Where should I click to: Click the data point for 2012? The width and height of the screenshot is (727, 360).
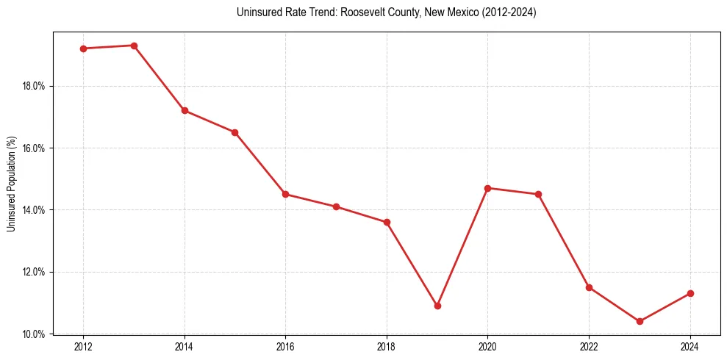click(83, 48)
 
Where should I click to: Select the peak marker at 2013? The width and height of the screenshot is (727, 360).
click(134, 46)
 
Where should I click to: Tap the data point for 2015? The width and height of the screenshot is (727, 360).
click(235, 132)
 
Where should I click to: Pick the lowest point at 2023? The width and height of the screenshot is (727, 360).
click(640, 321)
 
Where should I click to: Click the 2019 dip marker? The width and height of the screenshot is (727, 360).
click(437, 306)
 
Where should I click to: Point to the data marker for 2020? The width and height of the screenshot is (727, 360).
click(488, 188)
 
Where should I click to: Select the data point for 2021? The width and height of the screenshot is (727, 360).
click(539, 194)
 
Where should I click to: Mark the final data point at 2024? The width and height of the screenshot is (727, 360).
click(690, 293)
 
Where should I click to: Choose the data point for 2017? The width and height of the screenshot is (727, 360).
click(336, 206)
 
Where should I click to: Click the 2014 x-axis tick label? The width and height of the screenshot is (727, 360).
click(185, 347)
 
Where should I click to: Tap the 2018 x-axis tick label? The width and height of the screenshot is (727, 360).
click(387, 347)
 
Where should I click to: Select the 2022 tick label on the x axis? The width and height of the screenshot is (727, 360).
click(589, 347)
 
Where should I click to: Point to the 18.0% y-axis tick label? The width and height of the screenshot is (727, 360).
click(34, 86)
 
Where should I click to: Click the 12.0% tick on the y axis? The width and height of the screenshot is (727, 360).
click(34, 272)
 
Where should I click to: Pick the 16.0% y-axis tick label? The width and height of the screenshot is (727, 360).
click(34, 148)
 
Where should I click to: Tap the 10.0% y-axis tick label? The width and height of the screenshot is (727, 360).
click(34, 334)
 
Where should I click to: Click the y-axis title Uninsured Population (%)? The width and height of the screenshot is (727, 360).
click(12, 184)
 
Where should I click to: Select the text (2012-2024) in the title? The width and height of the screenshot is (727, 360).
click(509, 12)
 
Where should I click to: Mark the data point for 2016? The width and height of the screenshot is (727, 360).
click(285, 194)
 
